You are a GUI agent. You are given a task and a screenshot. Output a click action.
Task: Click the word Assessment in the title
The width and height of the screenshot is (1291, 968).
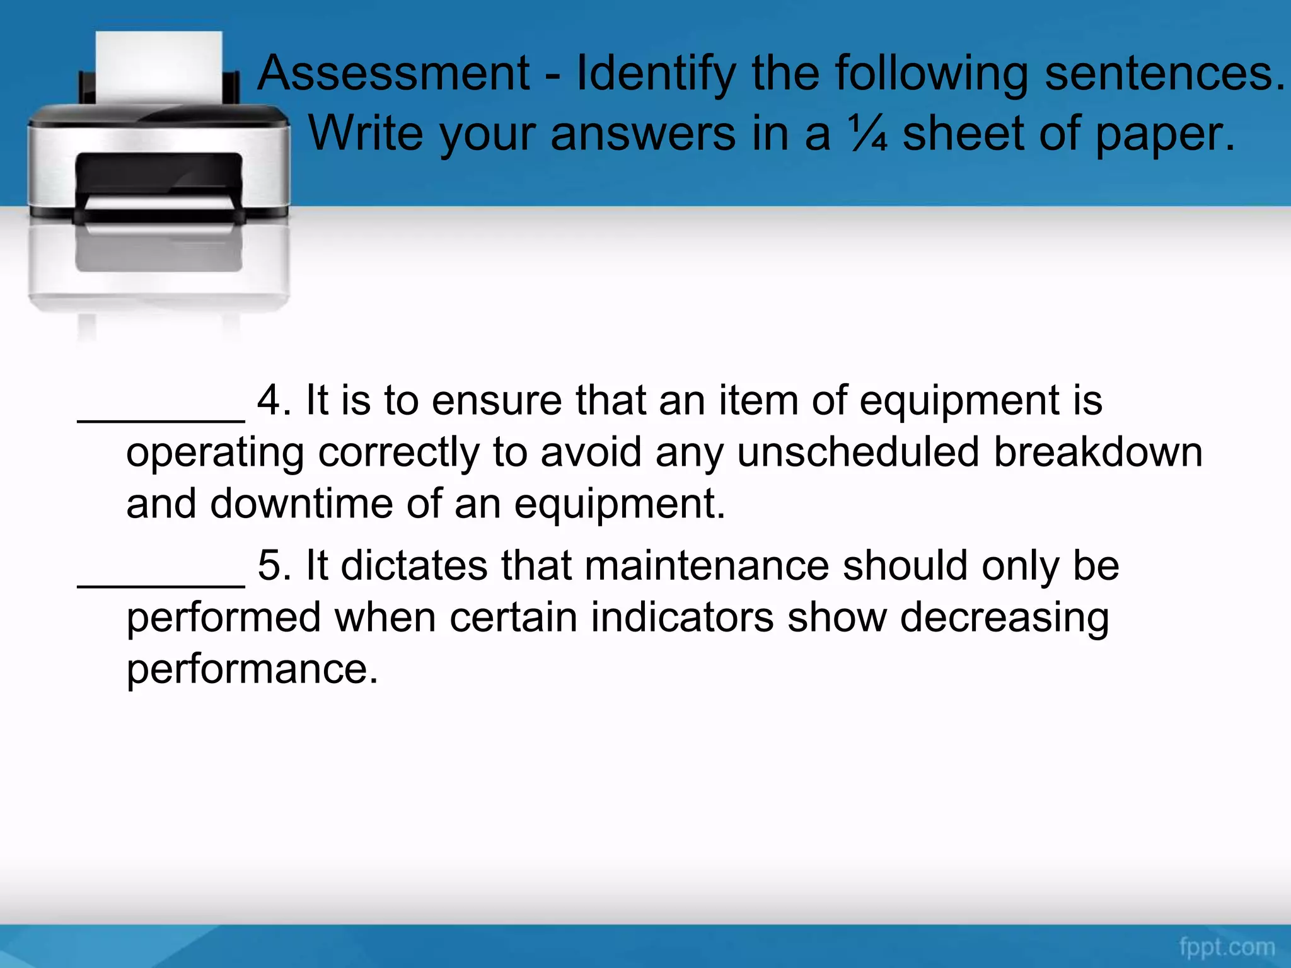point(394,74)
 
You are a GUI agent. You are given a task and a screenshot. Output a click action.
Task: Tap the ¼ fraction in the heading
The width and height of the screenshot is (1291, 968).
point(868,134)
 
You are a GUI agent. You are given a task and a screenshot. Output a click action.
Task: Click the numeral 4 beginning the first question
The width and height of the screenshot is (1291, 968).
point(269,401)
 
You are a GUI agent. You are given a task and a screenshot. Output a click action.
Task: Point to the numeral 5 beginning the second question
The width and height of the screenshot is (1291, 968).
point(269,565)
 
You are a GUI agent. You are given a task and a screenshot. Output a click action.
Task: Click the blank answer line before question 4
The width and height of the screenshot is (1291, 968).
point(161,419)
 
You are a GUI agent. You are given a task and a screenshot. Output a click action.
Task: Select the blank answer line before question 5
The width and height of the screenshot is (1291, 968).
point(161,584)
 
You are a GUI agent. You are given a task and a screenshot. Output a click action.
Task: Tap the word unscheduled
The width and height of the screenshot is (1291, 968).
point(858,452)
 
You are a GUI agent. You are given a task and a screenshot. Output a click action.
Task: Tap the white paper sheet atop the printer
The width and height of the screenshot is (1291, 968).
point(159,66)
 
